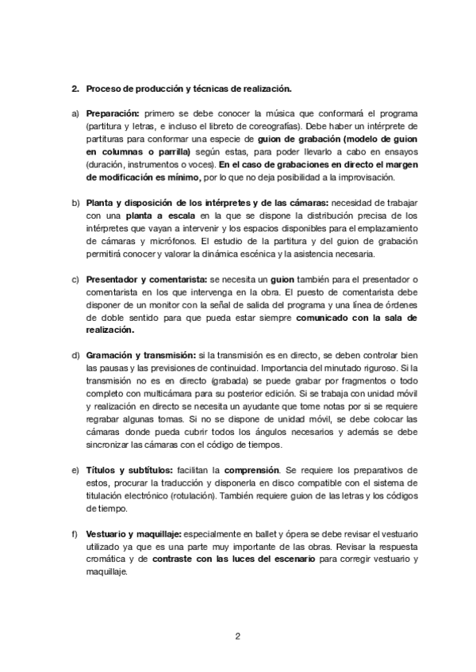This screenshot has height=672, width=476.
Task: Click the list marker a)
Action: point(75,114)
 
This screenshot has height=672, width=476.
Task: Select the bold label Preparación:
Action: point(112,114)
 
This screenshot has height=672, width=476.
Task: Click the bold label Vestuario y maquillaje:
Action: point(133,535)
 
